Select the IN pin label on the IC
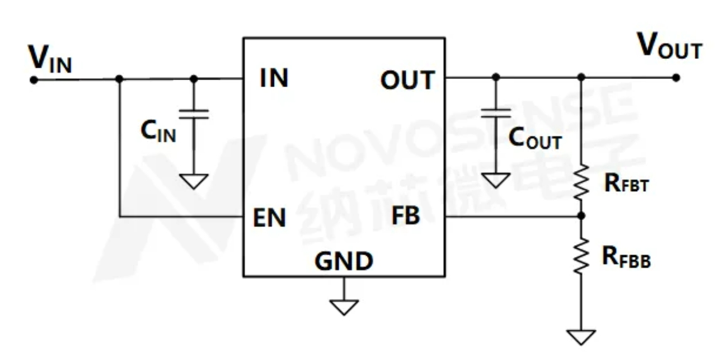pos(274,80)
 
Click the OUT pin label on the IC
pos(407,80)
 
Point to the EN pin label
pos(270,219)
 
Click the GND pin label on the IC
pos(344,261)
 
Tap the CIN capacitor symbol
pos(194,114)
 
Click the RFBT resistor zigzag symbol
pos(581,180)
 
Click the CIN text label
pos(157,131)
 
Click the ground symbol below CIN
pos(194,181)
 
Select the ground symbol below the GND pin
pos(344,307)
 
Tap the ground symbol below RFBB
pos(581,337)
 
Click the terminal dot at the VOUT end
pos(675,78)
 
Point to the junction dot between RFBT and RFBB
pos(581,216)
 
